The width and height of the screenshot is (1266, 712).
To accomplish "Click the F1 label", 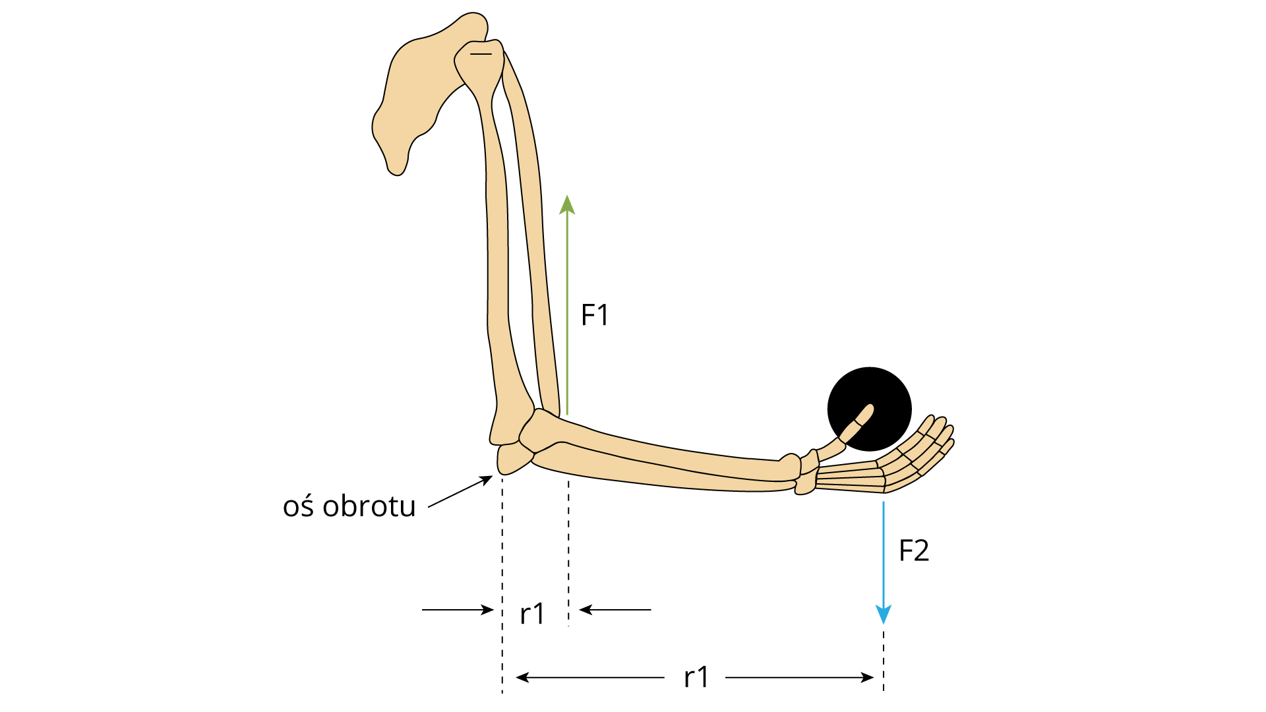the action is point(594,315).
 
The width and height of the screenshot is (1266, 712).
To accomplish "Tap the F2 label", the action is point(914,550).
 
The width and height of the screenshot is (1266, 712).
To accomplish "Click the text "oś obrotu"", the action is point(349,506).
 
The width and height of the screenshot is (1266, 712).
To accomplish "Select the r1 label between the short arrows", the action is point(532,614).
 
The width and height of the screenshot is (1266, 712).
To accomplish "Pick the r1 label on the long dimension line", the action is point(696,677).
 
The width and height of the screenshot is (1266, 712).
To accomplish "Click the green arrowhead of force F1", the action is point(567,204).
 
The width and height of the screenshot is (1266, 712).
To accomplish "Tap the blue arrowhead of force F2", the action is point(884,614).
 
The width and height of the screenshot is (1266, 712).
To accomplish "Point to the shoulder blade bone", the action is point(422,92).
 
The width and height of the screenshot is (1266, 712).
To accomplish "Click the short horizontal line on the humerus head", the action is point(481,53).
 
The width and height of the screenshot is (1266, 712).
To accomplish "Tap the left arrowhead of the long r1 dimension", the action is point(522,677).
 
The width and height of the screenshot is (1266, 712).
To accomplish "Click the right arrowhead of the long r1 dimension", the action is point(868,677).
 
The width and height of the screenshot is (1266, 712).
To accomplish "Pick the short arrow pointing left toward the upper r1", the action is point(615,610).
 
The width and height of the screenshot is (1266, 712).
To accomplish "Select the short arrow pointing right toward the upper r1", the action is point(458,610).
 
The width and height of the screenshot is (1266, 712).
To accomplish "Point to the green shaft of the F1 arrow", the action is point(567,314).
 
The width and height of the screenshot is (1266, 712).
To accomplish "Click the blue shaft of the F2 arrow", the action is point(884,554).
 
